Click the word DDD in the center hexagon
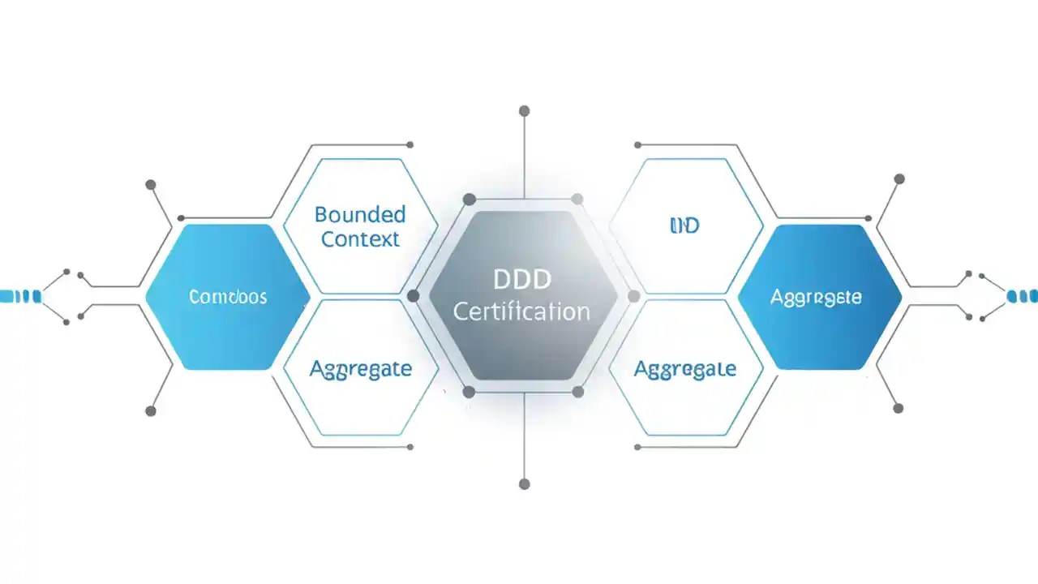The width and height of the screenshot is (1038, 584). click(x=522, y=280)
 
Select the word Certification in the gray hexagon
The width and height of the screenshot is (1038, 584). click(x=521, y=311)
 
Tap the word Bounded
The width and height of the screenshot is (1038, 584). click(x=360, y=215)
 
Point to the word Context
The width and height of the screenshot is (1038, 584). click(x=360, y=239)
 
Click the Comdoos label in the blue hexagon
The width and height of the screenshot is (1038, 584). click(x=228, y=297)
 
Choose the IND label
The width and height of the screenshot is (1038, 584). click(x=685, y=225)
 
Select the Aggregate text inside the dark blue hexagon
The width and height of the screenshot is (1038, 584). click(x=816, y=297)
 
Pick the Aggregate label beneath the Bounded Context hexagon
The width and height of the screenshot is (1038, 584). click(x=361, y=369)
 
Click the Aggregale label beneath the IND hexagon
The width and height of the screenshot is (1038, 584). click(x=685, y=369)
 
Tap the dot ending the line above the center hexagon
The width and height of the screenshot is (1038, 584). click(x=524, y=110)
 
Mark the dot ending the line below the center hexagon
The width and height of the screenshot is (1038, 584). click(x=524, y=484)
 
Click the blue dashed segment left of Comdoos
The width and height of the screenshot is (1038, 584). click(x=19, y=296)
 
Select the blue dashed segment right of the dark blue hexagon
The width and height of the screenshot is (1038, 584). click(x=1022, y=296)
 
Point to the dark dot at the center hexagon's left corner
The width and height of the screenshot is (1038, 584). click(x=413, y=296)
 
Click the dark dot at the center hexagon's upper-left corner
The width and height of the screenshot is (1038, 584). click(x=469, y=200)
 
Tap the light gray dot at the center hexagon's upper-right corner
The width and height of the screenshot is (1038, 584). click(x=577, y=200)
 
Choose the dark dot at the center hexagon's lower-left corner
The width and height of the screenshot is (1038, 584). click(x=469, y=392)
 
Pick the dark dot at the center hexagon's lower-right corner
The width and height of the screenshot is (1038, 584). click(x=577, y=392)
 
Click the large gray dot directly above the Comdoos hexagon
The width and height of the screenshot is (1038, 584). click(x=150, y=185)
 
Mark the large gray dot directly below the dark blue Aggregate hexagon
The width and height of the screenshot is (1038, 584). click(x=898, y=408)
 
